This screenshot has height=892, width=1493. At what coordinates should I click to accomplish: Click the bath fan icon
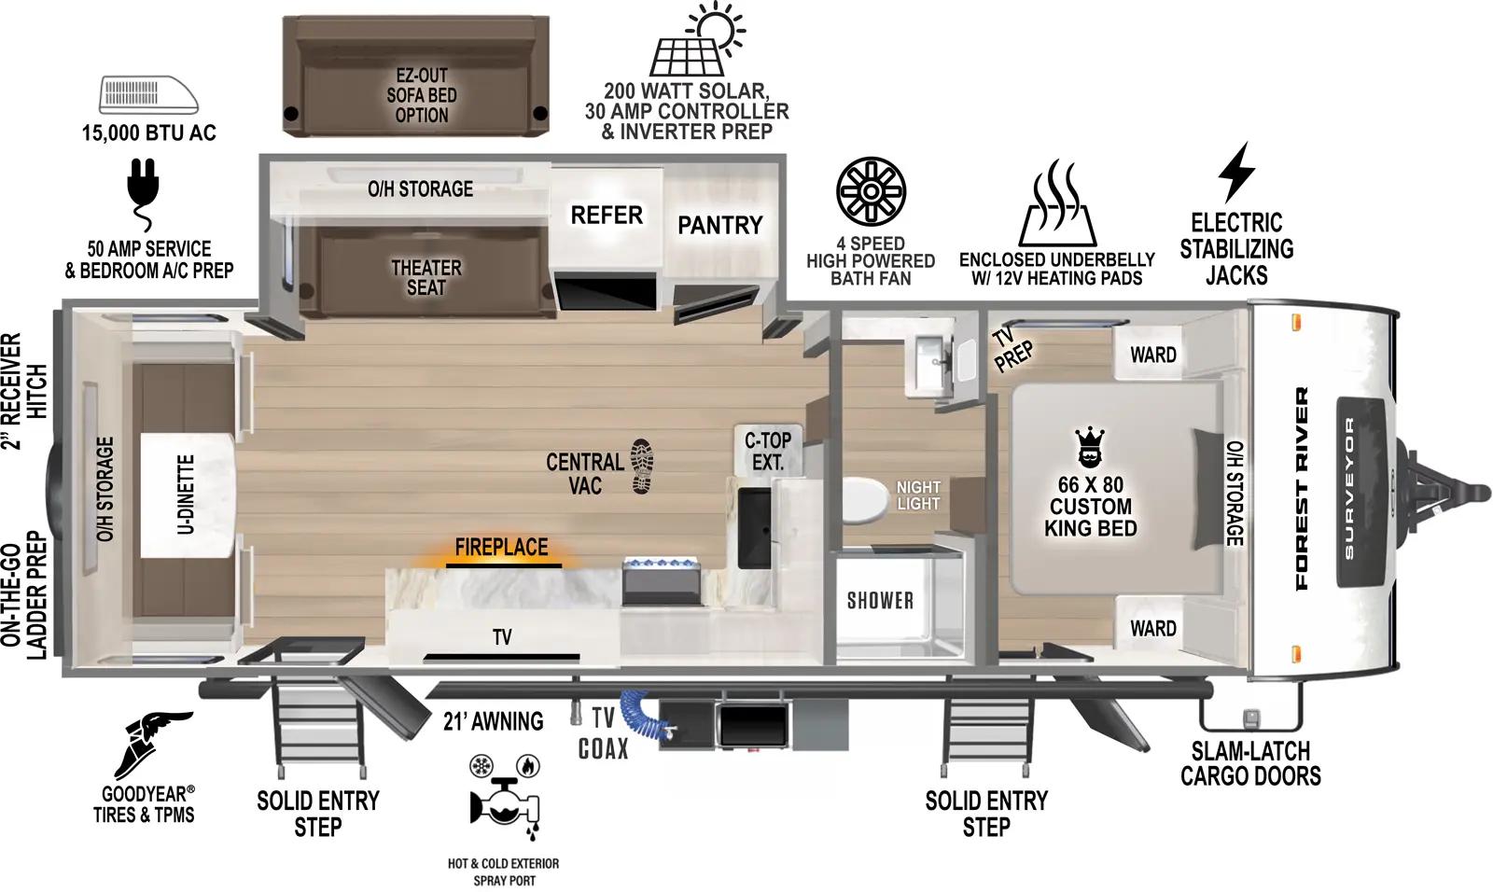[871, 191]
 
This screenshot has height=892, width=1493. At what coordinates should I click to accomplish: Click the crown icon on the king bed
[1090, 447]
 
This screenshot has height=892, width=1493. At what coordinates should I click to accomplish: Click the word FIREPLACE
[502, 547]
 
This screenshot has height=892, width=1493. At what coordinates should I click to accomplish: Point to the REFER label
[607, 216]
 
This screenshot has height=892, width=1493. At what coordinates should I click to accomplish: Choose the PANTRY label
[719, 225]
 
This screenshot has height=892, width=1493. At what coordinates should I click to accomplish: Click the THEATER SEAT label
[426, 278]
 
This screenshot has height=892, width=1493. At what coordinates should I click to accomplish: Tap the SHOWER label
[880, 600]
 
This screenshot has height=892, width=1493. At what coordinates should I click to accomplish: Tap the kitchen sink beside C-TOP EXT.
[755, 527]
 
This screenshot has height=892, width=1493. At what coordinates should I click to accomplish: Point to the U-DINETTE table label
[186, 495]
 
